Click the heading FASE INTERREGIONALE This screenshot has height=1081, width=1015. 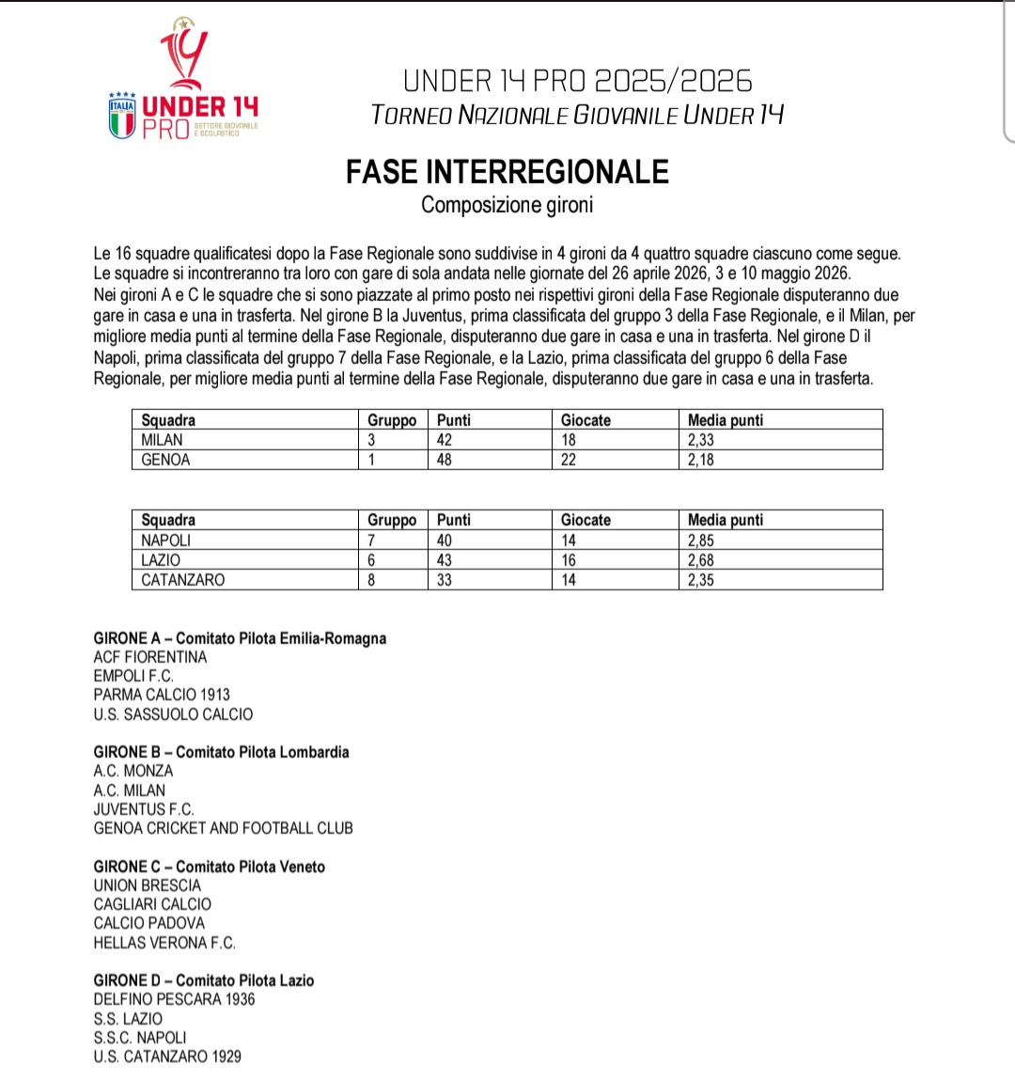click(x=507, y=172)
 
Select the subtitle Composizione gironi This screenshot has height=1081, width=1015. click(x=507, y=205)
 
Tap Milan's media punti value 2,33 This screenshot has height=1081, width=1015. click(x=701, y=440)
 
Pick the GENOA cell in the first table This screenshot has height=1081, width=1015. click(x=165, y=460)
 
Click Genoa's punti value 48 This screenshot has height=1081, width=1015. click(x=445, y=460)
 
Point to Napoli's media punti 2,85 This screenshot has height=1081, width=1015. click(x=701, y=540)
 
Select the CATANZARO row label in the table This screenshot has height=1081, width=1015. click(x=183, y=580)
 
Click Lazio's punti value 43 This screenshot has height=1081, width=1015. click(x=445, y=560)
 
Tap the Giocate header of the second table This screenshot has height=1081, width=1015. click(x=586, y=520)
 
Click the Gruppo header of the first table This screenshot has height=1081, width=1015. click(x=392, y=420)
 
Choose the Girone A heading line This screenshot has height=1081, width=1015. click(x=240, y=638)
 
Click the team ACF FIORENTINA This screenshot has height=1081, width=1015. click(x=150, y=657)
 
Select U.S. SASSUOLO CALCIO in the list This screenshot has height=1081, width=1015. click(x=173, y=714)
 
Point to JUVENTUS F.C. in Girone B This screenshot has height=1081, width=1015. click(x=144, y=809)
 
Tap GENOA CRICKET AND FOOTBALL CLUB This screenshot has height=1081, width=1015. click(x=223, y=828)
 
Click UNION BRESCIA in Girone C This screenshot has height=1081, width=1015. click(x=148, y=885)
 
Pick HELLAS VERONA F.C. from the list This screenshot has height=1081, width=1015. click(x=164, y=943)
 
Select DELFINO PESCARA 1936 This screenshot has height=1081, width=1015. click(x=174, y=999)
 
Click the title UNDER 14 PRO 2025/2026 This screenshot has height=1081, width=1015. click(x=578, y=82)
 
